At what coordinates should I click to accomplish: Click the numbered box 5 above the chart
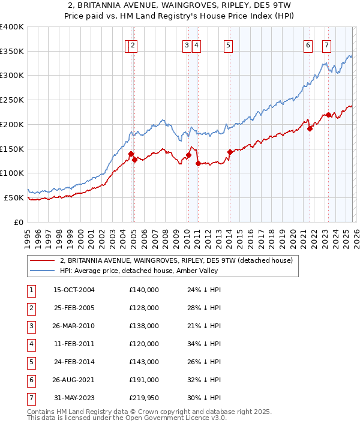coord(229,44)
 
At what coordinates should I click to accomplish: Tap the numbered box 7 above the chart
coord(326,44)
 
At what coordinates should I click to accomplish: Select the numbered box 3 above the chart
coord(187,44)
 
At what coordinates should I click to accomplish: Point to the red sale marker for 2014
coord(230,152)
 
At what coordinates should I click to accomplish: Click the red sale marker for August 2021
coord(310,128)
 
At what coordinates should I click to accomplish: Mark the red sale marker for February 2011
coord(198,163)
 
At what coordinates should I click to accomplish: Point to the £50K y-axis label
coord(14,197)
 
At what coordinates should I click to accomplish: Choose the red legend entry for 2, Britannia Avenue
coord(176,260)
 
